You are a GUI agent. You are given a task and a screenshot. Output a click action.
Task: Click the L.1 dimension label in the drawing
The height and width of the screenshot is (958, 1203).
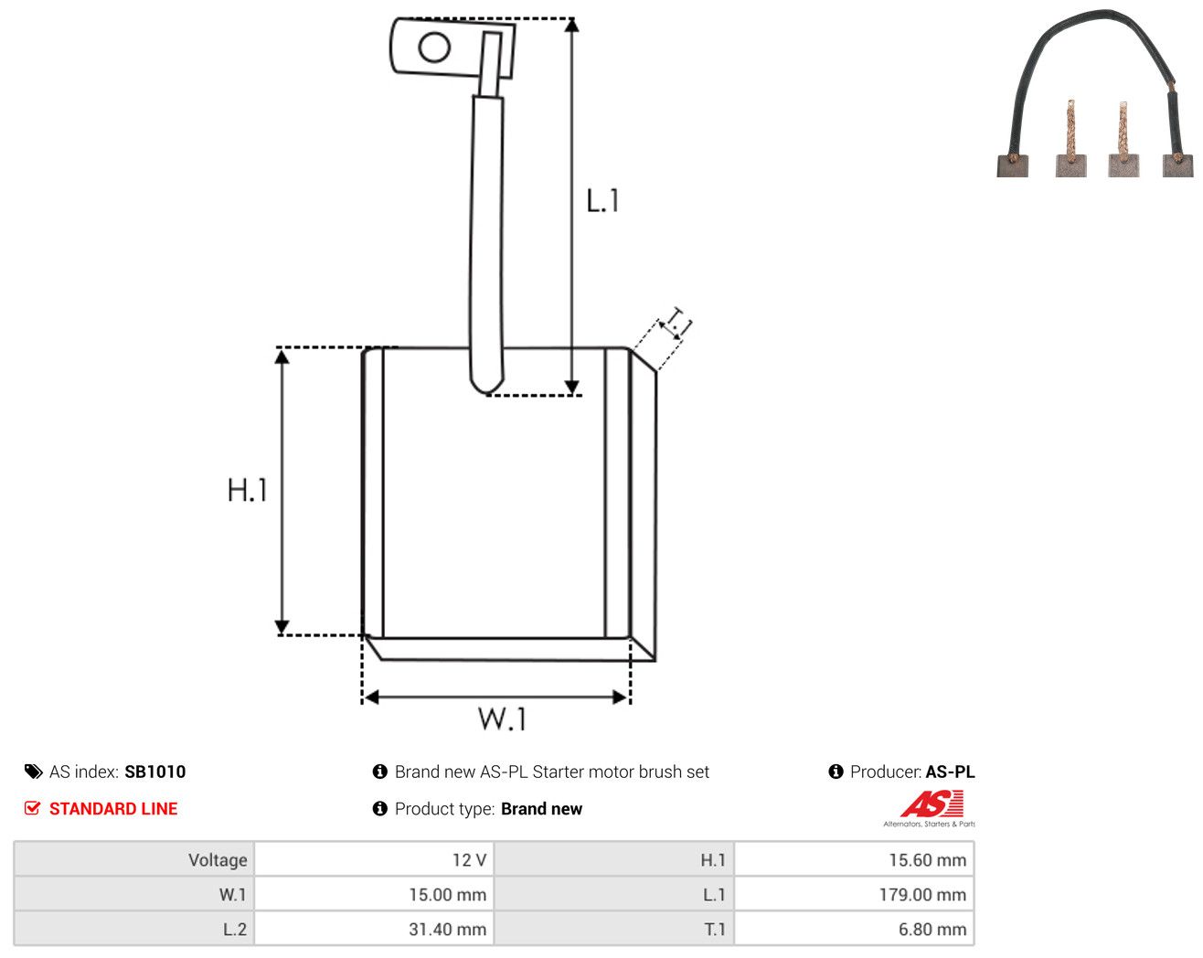pos(602,201)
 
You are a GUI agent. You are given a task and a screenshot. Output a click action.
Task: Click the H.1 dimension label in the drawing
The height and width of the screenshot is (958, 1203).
pos(247,490)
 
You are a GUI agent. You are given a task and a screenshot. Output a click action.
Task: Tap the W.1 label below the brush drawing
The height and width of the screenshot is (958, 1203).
pos(502,719)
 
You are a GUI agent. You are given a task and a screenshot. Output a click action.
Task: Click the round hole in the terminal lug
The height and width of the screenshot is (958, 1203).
pos(434,48)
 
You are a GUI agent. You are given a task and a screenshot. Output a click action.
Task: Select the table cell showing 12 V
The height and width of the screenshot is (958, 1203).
pos(373,859)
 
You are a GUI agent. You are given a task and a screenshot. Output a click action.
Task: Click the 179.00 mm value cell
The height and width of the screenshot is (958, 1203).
pos(854,894)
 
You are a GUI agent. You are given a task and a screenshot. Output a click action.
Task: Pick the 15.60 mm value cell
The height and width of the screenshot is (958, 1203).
pos(854,859)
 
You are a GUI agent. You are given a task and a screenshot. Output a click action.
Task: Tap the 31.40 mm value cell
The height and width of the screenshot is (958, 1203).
pos(373,929)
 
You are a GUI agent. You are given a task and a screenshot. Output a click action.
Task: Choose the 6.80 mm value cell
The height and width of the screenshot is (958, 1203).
pos(854,929)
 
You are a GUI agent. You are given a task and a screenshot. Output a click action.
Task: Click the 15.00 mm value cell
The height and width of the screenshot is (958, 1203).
pos(373,894)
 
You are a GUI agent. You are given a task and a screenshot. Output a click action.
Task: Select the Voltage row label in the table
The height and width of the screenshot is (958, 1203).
pos(218,859)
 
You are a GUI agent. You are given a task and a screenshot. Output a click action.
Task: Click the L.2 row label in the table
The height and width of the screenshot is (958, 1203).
pos(234,929)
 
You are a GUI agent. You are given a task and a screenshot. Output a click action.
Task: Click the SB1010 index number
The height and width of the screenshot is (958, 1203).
pos(154,772)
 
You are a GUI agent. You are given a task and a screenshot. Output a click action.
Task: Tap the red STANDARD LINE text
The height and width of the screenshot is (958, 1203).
pos(113,809)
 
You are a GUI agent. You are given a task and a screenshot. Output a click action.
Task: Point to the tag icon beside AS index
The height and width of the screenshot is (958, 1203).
pos(34,772)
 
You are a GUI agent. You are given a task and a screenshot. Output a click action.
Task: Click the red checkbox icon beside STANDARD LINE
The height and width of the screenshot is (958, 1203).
pos(32,808)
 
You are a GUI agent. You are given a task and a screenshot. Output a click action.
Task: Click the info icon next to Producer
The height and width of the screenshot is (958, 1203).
pos(836,772)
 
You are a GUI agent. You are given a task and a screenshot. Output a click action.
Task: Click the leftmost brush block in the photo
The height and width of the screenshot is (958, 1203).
pos(1012,165)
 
